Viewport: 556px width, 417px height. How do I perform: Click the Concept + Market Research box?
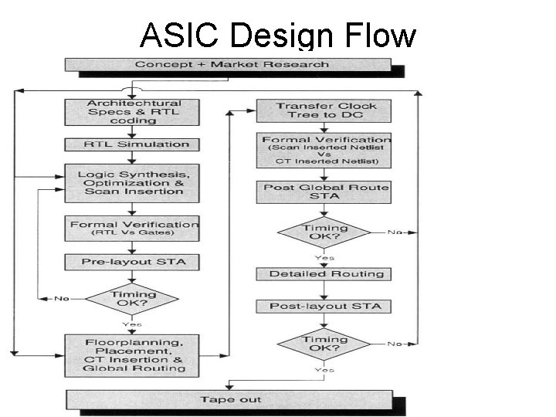[232, 64]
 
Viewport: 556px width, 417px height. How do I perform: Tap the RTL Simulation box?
[134, 144]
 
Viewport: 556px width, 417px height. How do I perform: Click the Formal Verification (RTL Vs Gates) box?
[134, 227]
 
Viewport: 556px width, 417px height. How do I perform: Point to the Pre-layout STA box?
[134, 263]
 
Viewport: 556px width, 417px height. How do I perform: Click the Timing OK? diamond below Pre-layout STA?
[134, 298]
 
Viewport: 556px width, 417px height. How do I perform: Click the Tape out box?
[232, 399]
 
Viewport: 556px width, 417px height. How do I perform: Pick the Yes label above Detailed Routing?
[324, 257]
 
